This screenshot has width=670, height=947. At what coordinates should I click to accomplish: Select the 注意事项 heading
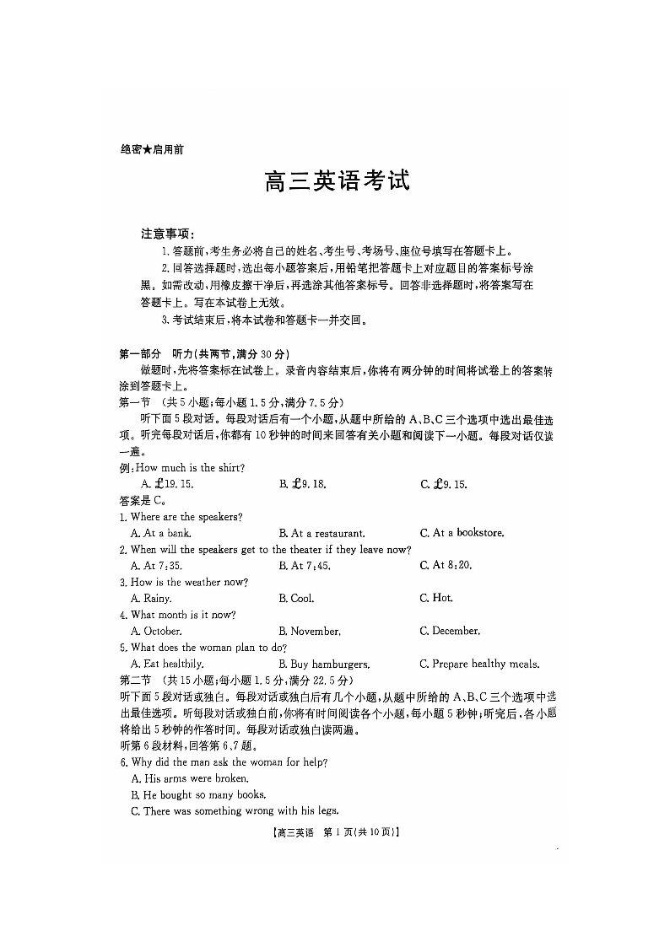(x=168, y=233)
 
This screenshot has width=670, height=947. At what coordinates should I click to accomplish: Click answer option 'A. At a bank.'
(x=160, y=533)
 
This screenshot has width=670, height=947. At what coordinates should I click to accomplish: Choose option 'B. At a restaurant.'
(x=321, y=533)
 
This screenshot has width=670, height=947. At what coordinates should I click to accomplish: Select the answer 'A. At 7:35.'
(x=156, y=566)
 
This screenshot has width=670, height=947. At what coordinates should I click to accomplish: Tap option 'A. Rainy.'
(x=151, y=599)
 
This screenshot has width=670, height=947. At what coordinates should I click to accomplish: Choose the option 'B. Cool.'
(x=296, y=599)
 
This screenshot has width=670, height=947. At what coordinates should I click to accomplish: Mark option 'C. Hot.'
(x=436, y=599)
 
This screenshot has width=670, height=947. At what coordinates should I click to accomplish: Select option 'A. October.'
(x=156, y=632)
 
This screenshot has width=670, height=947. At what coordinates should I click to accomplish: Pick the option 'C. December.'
(x=450, y=632)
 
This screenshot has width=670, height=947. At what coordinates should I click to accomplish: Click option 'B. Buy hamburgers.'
(x=324, y=665)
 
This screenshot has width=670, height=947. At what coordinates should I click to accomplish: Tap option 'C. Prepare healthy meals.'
(x=479, y=665)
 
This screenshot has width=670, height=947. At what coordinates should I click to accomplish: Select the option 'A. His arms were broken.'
(x=190, y=778)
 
